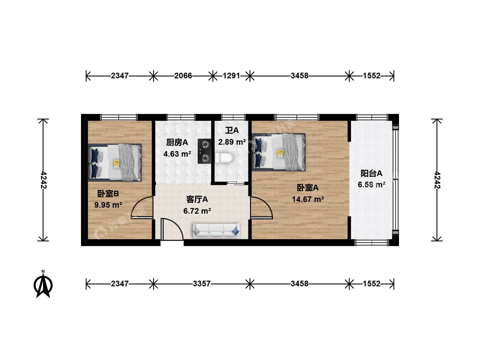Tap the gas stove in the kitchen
(x=204, y=151)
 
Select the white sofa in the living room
(x=216, y=230)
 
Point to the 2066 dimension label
(x=183, y=76)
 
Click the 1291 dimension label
(x=231, y=76)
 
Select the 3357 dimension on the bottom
(x=202, y=284)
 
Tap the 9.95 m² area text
(x=108, y=205)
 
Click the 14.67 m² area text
(x=308, y=199)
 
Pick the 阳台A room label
(x=371, y=173)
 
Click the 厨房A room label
(x=177, y=143)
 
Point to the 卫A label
(x=232, y=130)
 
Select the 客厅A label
(x=197, y=199)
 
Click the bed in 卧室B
(x=115, y=163)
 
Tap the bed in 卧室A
(x=279, y=152)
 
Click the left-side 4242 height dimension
(x=43, y=180)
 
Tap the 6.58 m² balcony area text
(x=372, y=185)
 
